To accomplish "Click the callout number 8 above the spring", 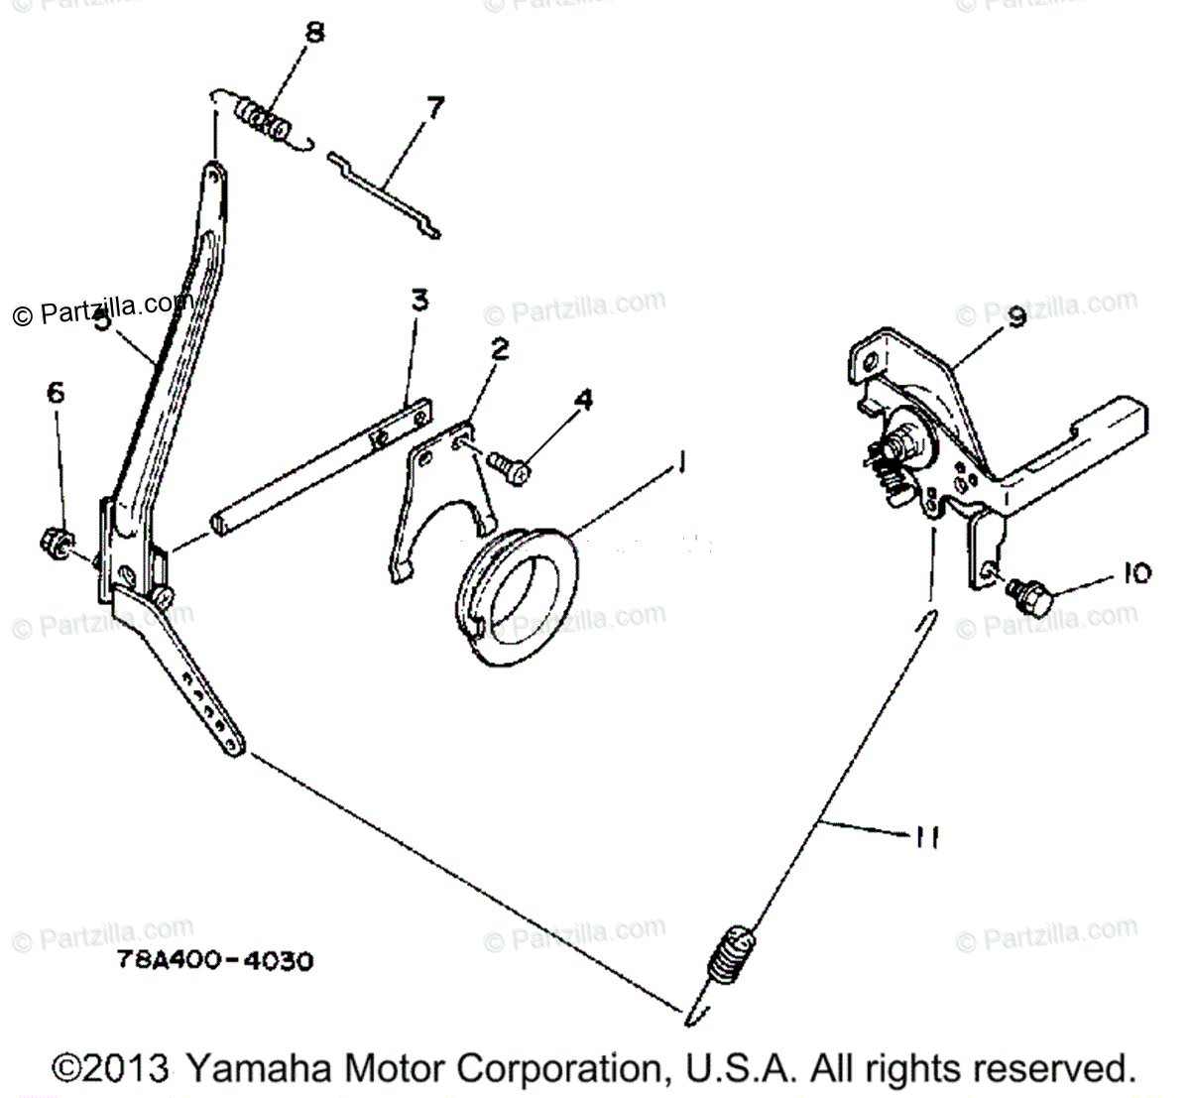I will [313, 34].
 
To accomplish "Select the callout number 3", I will [420, 301].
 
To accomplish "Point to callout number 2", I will [500, 349].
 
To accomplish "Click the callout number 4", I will [584, 400].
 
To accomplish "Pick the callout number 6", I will [56, 392].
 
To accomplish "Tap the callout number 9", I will [1016, 317].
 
